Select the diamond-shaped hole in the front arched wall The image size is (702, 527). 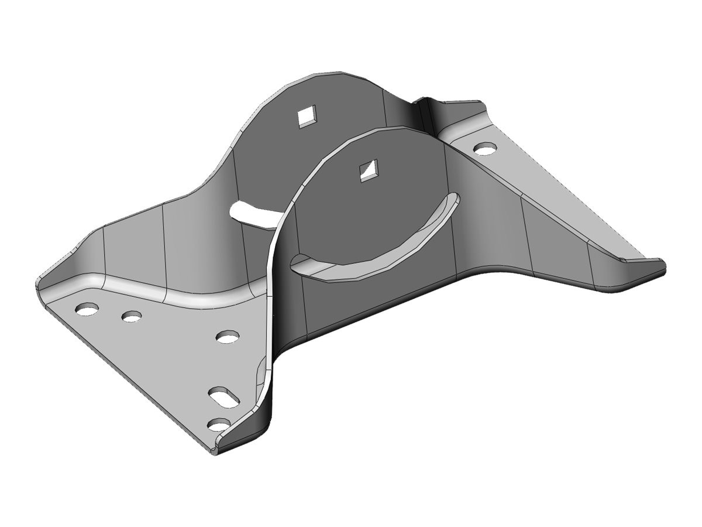coord(368,170)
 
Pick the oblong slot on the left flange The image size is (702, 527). coord(225,396)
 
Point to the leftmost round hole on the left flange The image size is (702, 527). coord(87,309)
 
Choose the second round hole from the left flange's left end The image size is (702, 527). coord(132,317)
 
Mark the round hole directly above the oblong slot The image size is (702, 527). coord(227,336)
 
